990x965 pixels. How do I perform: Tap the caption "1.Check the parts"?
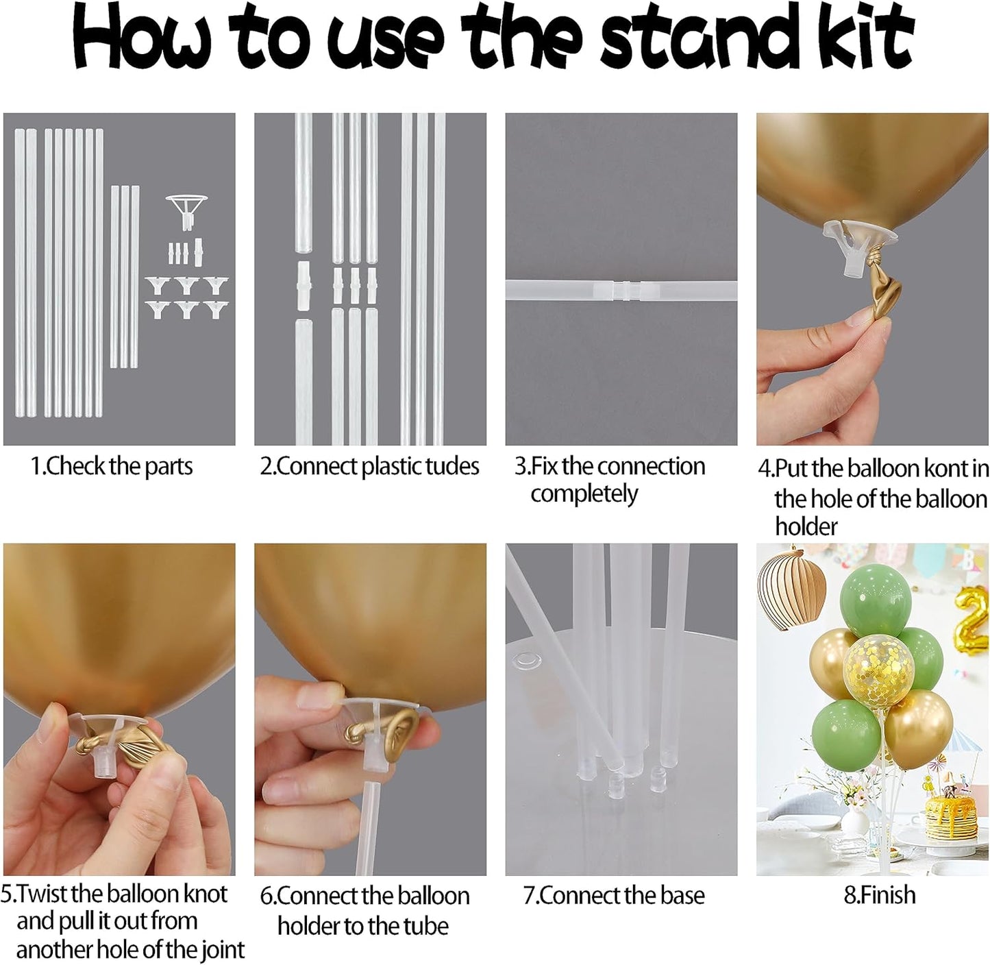pyautogui.click(x=112, y=467)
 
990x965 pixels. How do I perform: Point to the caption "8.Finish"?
pyautogui.click(x=879, y=895)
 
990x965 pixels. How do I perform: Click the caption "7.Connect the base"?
pyautogui.click(x=614, y=896)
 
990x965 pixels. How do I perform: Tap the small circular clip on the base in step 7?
pyautogui.click(x=525, y=660)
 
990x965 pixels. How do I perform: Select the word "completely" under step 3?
pyautogui.click(x=584, y=494)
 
